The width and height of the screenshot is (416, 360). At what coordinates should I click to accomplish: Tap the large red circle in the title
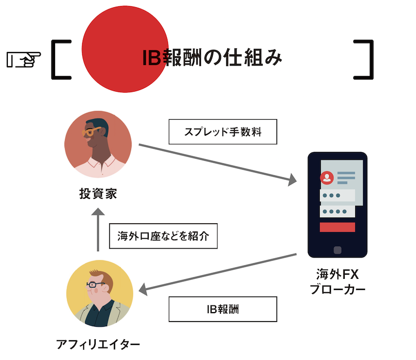125,47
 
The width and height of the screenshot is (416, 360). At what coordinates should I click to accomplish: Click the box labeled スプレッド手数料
223,132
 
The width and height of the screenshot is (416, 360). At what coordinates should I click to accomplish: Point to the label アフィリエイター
98,344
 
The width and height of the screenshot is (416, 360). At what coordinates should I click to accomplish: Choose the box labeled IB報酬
223,309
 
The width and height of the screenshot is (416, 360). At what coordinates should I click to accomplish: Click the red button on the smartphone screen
337,227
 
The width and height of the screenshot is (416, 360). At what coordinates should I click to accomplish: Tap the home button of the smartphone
337,250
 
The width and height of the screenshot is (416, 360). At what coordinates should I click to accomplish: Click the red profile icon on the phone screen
327,178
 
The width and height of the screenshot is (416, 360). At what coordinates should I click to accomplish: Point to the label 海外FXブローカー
337,281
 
